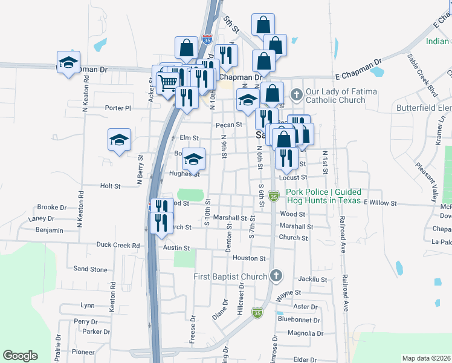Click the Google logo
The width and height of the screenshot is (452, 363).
20,356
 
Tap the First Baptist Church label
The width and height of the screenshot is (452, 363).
230,277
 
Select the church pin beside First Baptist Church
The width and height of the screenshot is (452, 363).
276,276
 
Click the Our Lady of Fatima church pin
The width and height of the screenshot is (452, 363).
296,94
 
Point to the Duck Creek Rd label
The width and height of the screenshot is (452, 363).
118,246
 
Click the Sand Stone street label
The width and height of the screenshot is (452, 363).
90,269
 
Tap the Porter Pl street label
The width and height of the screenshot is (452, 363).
117,108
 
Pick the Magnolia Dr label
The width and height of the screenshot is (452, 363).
306,333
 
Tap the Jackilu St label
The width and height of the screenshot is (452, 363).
312,280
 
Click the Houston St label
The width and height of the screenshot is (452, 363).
250,258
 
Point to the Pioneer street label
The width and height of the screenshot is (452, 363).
83,352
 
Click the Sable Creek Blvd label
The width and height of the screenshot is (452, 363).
422,75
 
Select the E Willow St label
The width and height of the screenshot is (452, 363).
379,203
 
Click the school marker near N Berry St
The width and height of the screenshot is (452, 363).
120,140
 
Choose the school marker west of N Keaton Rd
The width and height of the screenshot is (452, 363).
68,62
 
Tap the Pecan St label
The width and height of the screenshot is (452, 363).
230,125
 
